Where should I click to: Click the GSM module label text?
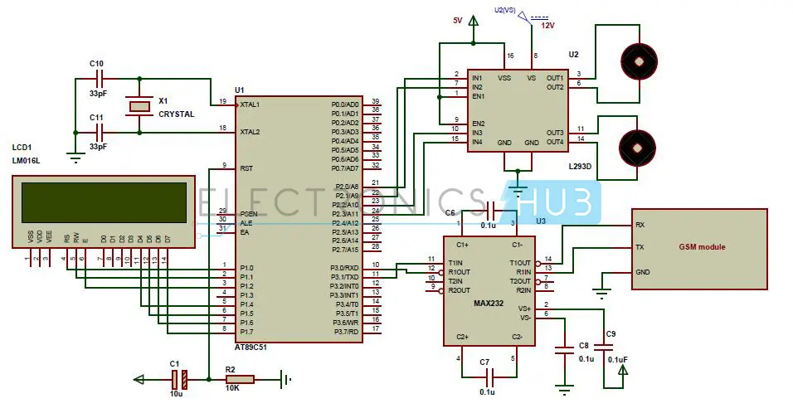click(702, 247)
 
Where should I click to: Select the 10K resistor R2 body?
click(240, 380)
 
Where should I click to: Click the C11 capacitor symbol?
click(101, 132)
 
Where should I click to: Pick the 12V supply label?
click(547, 26)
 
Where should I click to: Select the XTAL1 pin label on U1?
click(250, 104)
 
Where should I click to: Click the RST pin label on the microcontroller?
click(246, 168)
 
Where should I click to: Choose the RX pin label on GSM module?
click(640, 225)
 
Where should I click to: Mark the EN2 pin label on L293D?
click(478, 124)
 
